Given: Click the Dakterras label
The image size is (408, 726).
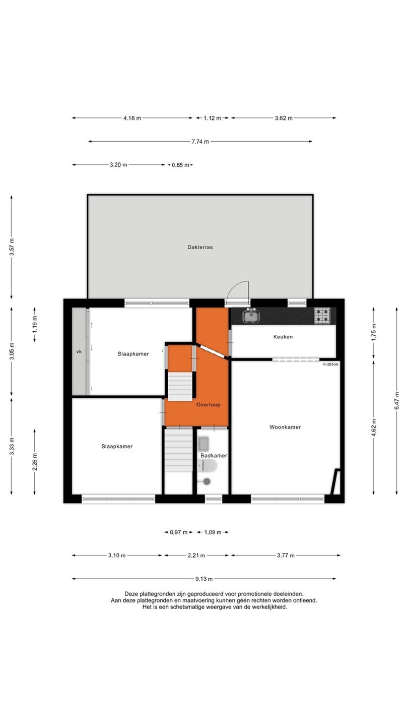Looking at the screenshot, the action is pyautogui.click(x=200, y=247).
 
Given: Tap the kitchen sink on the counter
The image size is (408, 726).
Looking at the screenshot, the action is pyautogui.click(x=251, y=316).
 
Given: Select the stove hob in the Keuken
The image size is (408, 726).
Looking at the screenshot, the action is pyautogui.click(x=322, y=316).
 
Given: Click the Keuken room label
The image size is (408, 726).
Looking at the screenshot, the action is pyautogui.click(x=283, y=337).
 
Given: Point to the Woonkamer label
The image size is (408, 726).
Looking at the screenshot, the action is pyautogui.click(x=285, y=427).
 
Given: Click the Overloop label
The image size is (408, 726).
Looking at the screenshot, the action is pyautogui.click(x=208, y=405).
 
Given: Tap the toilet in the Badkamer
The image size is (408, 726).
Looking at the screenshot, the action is pyautogui.click(x=207, y=466).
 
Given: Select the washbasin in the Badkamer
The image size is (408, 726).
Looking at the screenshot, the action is pyautogui.click(x=203, y=444).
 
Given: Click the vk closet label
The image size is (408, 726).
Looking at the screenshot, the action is pyautogui.click(x=79, y=351).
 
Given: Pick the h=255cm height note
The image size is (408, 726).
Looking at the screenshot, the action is pyautogui.click(x=330, y=365).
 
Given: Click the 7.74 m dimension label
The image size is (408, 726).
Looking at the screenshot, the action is pyautogui.click(x=200, y=142).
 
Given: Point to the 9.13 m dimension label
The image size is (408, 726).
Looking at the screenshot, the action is pyautogui.click(x=203, y=579).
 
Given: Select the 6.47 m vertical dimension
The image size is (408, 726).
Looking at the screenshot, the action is pyautogui.click(x=397, y=401).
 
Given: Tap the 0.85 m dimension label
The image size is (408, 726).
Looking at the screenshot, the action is pyautogui.click(x=180, y=165).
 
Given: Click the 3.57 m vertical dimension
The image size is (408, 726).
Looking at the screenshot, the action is pyautogui.click(x=12, y=247).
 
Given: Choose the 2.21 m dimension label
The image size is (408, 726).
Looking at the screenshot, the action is pyautogui.click(x=196, y=556).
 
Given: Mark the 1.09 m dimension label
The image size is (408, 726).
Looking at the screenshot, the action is pyautogui.click(x=213, y=532).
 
